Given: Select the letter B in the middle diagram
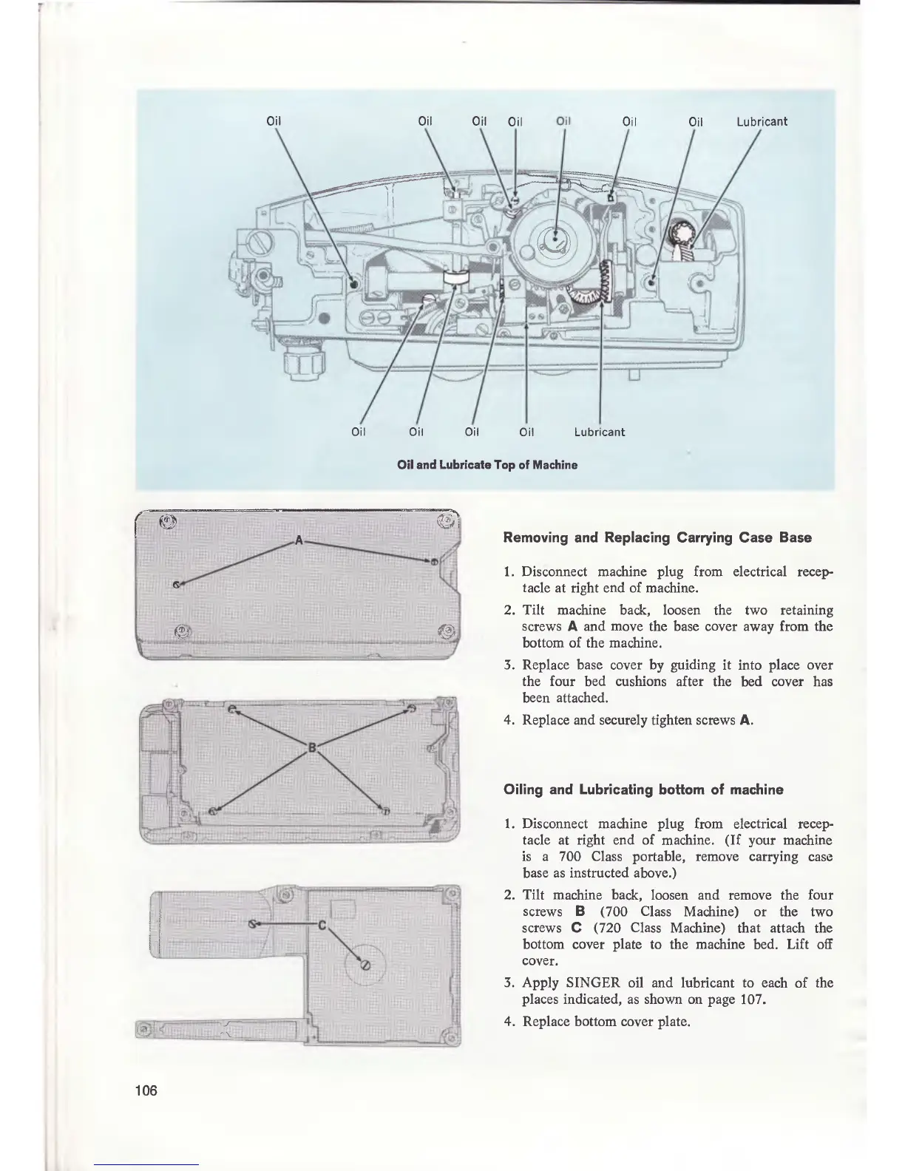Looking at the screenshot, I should coord(311,747).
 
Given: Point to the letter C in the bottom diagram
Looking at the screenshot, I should coord(322,925).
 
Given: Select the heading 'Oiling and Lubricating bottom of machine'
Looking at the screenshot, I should coord(643,790).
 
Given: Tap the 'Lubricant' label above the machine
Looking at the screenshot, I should coord(762,121).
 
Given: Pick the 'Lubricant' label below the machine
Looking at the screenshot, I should coord(599,432).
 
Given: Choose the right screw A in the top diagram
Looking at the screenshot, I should coord(435,561).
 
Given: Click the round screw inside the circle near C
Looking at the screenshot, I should coord(364,963).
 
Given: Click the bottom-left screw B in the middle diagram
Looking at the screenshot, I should coord(213,812).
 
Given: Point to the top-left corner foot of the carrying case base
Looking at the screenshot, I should coord(167,521).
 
